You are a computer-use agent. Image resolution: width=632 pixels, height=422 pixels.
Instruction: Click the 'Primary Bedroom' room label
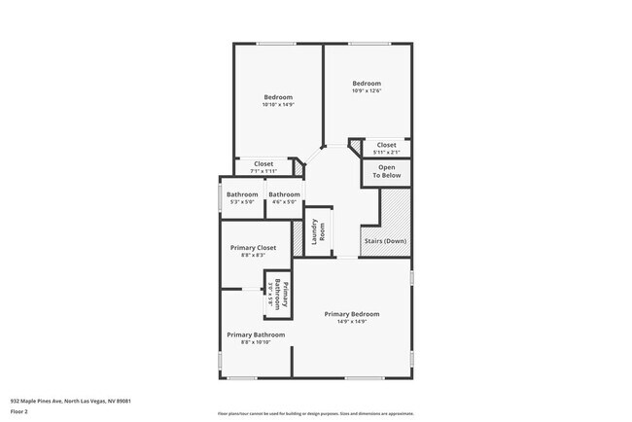352,314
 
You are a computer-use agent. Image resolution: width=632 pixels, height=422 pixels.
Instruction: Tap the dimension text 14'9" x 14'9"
352,322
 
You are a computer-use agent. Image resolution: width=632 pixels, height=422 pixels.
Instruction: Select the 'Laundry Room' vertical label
316,232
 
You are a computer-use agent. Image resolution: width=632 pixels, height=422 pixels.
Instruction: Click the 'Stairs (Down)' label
385,241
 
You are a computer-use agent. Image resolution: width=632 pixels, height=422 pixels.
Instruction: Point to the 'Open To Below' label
387,172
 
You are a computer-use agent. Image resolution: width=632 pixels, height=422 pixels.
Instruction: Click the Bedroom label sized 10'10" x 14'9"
278,97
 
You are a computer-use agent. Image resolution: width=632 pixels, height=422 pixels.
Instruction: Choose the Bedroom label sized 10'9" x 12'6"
367,84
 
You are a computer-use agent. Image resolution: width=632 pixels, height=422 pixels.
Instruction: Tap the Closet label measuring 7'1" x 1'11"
263,163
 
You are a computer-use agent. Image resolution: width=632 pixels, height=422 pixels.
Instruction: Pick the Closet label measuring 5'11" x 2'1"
387,145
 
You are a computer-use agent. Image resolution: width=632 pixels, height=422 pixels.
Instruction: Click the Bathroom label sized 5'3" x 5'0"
242,194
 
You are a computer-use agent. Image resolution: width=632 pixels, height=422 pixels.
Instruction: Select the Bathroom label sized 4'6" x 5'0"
285,194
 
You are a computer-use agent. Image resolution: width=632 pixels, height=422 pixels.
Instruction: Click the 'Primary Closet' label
253,248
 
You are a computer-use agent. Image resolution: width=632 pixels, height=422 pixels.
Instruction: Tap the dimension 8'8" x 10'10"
256,342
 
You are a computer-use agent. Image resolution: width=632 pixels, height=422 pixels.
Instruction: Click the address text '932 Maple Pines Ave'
40,401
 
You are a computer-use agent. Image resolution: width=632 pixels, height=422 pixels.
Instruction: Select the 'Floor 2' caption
19,411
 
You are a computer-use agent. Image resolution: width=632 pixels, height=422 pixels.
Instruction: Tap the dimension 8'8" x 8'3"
253,256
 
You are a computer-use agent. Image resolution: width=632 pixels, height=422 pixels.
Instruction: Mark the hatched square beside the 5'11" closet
355,145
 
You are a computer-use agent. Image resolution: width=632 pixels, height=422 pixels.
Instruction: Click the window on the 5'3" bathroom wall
220,197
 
